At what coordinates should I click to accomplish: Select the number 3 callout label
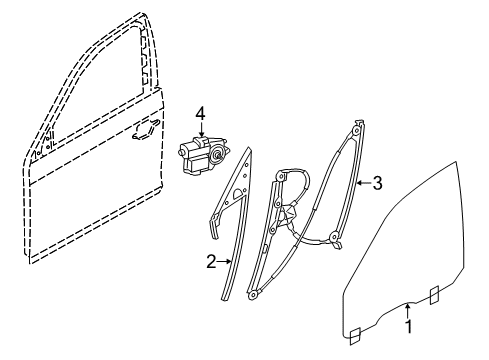pyautogui.click(x=377, y=182)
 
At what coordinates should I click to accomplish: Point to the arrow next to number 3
pyautogui.click(x=363, y=182)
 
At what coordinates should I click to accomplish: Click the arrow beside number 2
pyautogui.click(x=226, y=262)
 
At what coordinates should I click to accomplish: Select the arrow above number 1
pyautogui.click(x=409, y=307)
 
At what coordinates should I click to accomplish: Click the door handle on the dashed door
pyautogui.click(x=147, y=127)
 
